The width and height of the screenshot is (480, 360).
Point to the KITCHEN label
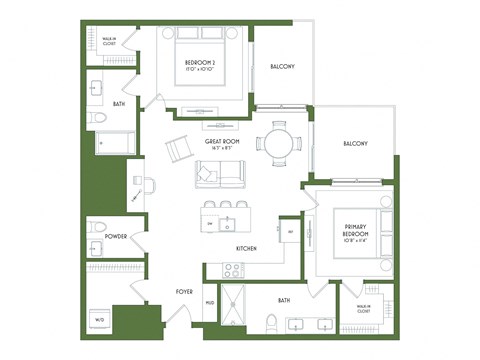pyautogui.click(x=248, y=248)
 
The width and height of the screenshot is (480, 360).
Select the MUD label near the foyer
pyautogui.click(x=210, y=302)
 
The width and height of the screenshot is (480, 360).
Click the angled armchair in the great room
pyautogui.click(x=179, y=150)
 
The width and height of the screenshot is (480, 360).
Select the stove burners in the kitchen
pyautogui.click(x=232, y=269)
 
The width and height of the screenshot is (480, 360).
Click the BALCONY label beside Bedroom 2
pyautogui.click(x=283, y=67)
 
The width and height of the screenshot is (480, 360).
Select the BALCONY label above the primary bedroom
pyautogui.click(x=355, y=143)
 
